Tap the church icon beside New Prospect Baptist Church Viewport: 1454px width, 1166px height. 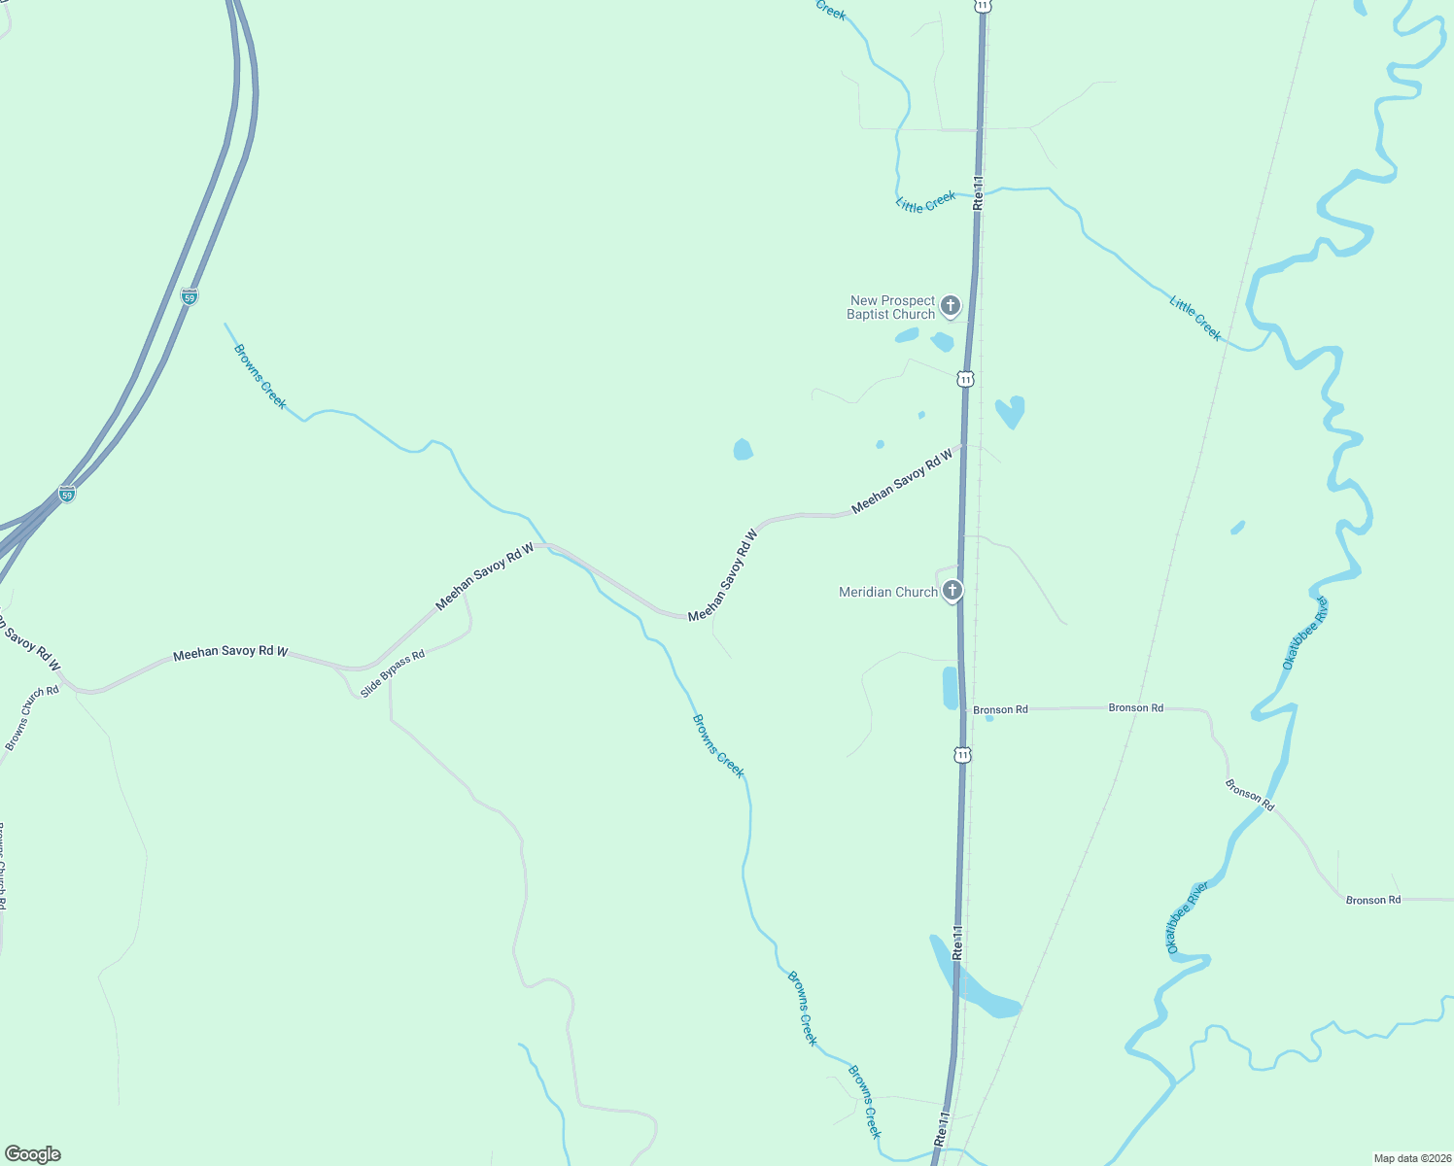click(x=951, y=306)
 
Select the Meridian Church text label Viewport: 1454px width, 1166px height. click(x=888, y=592)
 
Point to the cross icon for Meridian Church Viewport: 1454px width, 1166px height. click(x=952, y=590)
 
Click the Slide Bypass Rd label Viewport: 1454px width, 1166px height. click(x=393, y=674)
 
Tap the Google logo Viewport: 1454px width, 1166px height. click(x=33, y=1154)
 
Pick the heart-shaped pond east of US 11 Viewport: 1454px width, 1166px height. click(x=1010, y=411)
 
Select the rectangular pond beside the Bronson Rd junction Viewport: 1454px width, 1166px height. click(x=950, y=688)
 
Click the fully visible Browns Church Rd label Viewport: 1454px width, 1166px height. click(x=32, y=718)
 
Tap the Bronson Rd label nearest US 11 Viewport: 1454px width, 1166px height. click(x=1000, y=710)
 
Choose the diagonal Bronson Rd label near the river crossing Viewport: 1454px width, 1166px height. click(x=1249, y=794)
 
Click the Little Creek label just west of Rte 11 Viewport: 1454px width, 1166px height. click(x=925, y=202)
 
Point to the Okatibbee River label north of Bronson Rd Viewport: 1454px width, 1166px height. click(x=1304, y=634)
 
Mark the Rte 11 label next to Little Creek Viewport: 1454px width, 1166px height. click(x=978, y=192)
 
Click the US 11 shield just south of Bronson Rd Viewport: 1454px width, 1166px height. click(x=962, y=754)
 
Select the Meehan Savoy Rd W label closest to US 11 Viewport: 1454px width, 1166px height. click(x=902, y=482)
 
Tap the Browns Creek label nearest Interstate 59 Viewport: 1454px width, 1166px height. click(x=260, y=376)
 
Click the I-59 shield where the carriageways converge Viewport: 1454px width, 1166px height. click(x=66, y=494)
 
